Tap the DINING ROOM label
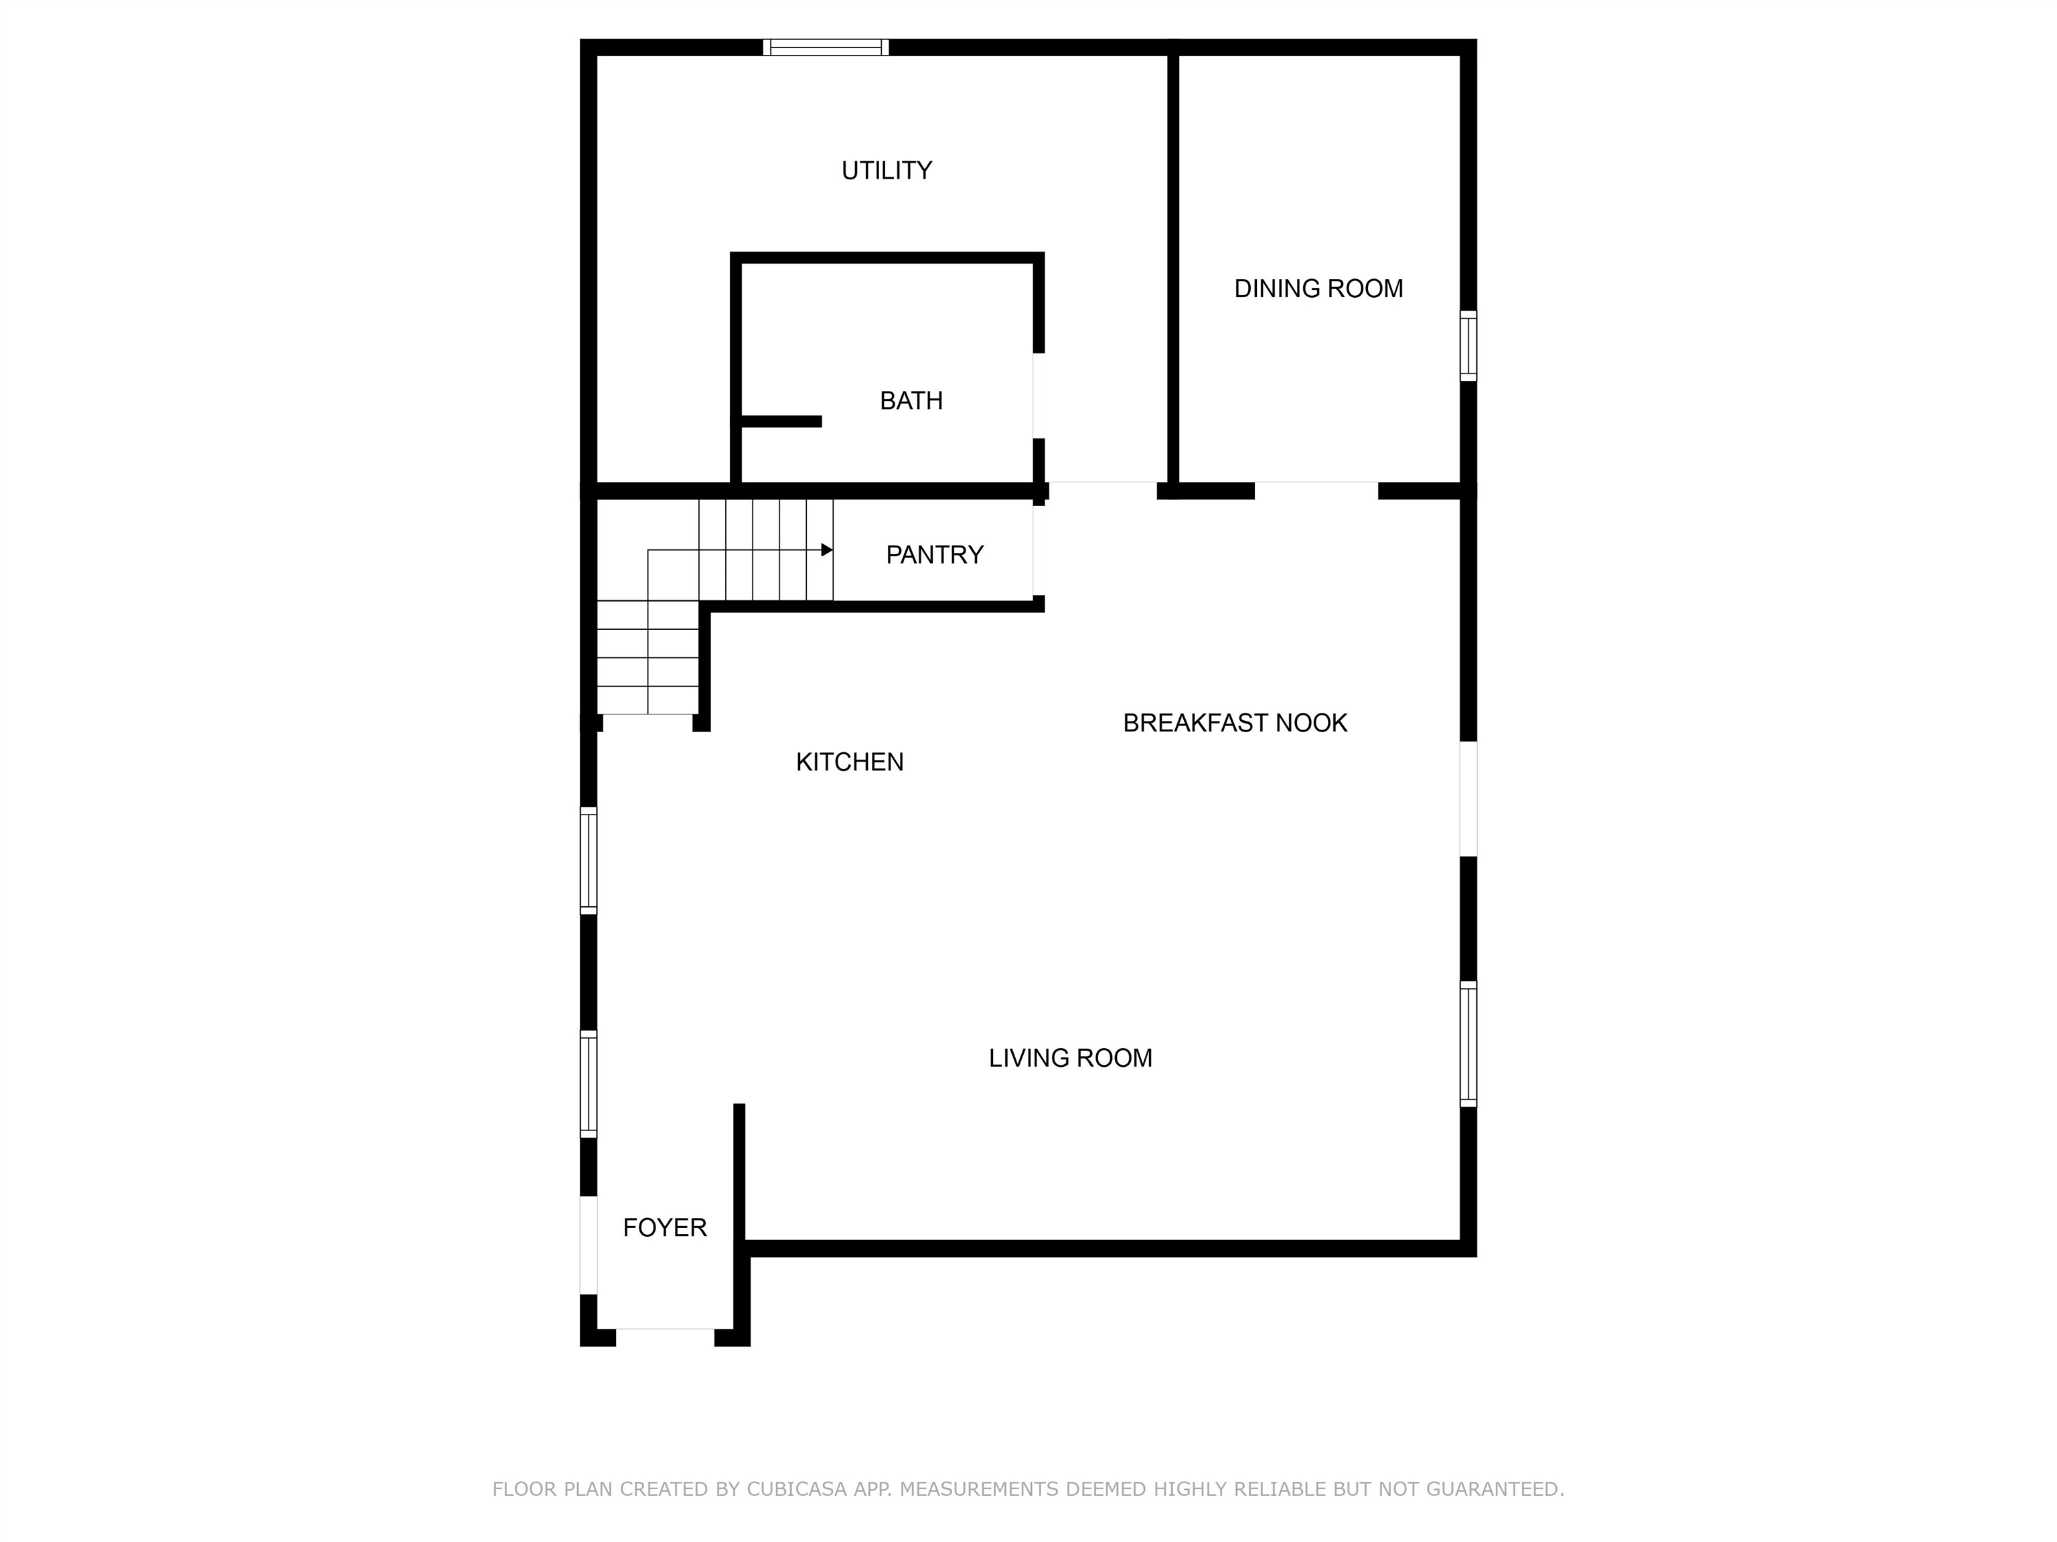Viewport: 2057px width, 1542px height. pyautogui.click(x=1318, y=288)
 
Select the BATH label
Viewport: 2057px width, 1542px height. pyautogui.click(x=911, y=401)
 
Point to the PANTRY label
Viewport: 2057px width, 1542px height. pyautogui.click(x=935, y=555)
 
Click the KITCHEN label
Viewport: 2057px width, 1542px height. pyautogui.click(x=850, y=762)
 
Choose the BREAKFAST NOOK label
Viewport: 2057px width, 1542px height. pyautogui.click(x=1235, y=723)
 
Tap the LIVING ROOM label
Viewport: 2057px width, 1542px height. pyautogui.click(x=1070, y=1057)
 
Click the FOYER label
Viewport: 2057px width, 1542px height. pyautogui.click(x=665, y=1228)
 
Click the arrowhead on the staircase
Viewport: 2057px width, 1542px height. pyautogui.click(x=827, y=550)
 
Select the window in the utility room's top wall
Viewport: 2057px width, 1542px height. pyautogui.click(x=826, y=48)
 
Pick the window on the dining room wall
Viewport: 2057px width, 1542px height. pyautogui.click(x=1468, y=346)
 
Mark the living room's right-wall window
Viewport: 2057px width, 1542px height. pyautogui.click(x=1468, y=1044)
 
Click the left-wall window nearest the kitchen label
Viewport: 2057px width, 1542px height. pyautogui.click(x=589, y=861)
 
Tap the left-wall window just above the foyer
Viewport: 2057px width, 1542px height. pyautogui.click(x=589, y=1084)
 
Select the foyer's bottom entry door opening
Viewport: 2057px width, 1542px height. pyautogui.click(x=665, y=1337)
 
